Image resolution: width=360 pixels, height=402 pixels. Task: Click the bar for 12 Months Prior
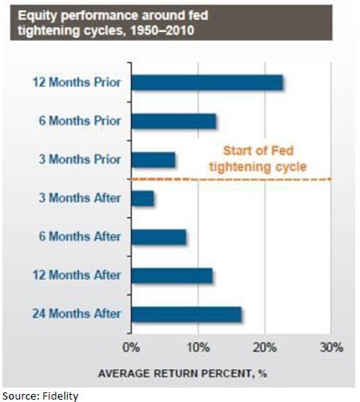tap(207, 83)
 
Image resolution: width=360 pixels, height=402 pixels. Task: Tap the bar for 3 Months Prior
tap(152, 160)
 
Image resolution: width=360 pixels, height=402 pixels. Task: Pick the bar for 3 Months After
tap(142, 199)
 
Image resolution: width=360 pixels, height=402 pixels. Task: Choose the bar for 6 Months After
tap(158, 237)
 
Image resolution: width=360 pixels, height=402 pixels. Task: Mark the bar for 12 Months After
tap(172, 276)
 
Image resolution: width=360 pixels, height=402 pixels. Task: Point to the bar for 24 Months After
tap(185, 314)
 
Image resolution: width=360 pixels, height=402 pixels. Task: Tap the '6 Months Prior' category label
tap(81, 121)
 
